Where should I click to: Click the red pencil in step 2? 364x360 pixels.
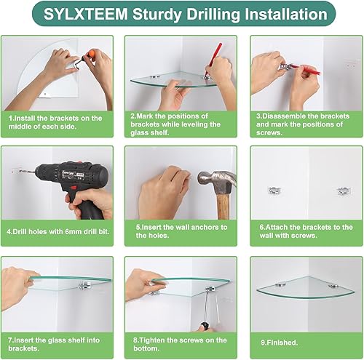(x=215, y=55)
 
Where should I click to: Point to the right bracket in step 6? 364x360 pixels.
(x=341, y=191)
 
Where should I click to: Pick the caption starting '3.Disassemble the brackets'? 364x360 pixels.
(x=303, y=121)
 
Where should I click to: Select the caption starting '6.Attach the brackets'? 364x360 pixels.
(x=303, y=231)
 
